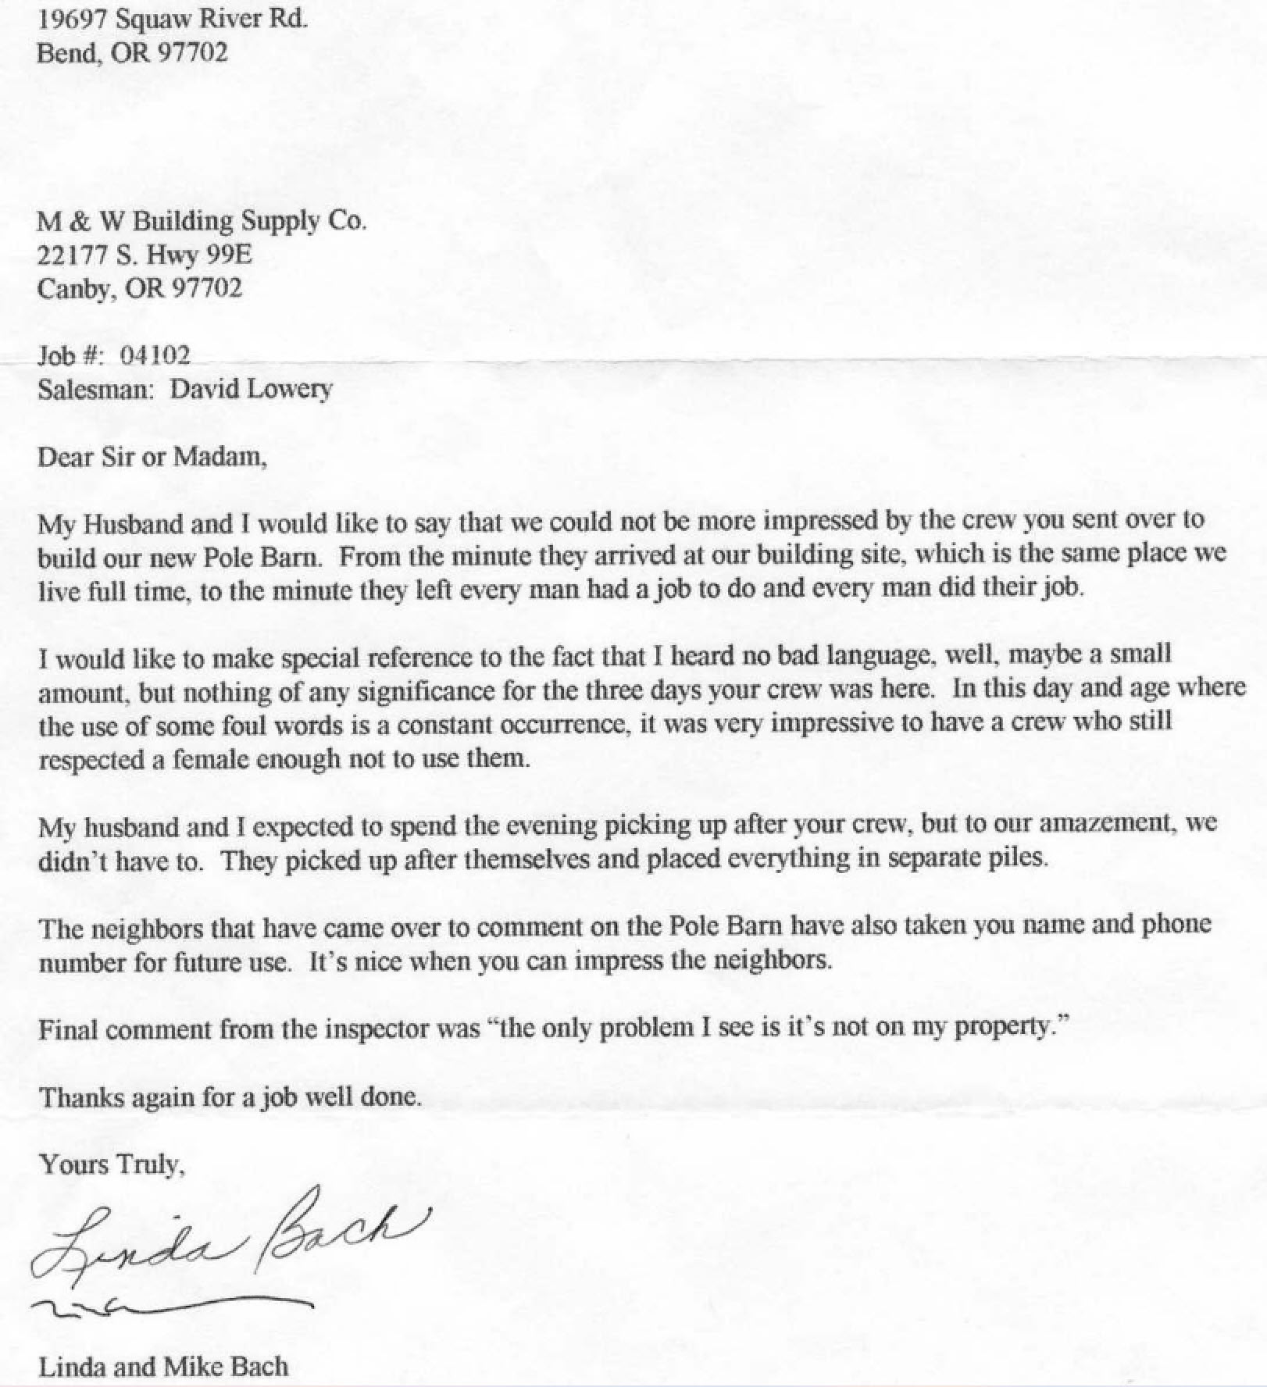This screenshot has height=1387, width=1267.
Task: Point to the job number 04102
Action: pos(155,356)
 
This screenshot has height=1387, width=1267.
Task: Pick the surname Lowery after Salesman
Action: pos(289,389)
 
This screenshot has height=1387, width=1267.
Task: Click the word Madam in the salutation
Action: pos(219,456)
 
